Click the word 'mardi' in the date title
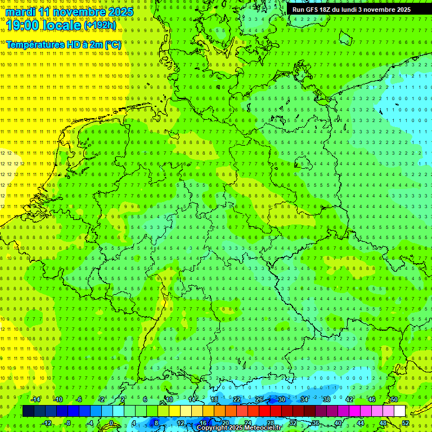pyautogui.click(x=21, y=12)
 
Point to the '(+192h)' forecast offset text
pyautogui.click(x=100, y=25)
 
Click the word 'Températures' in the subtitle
pyautogui.click(x=34, y=44)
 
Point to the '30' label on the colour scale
pyautogui.click(x=281, y=399)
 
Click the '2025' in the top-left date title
pyautogui.click(x=120, y=12)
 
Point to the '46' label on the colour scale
pyautogui.click(x=372, y=399)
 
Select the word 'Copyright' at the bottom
pyautogui.click(x=212, y=428)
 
